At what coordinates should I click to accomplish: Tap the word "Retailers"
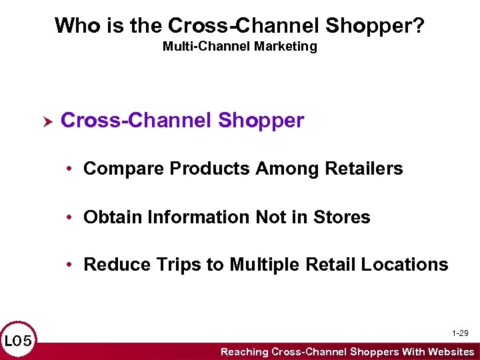(364, 169)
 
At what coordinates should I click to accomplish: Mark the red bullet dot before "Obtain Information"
(69, 217)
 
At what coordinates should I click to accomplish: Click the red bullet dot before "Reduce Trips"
(69, 265)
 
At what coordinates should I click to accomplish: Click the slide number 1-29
(459, 333)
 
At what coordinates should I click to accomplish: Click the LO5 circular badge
(17, 342)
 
